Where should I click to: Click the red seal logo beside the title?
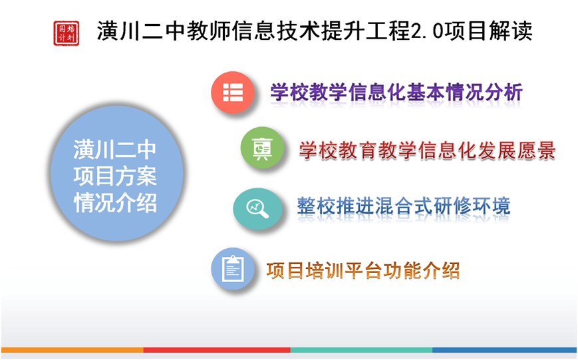tap(67, 33)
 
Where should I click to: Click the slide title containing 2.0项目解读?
tap(315, 31)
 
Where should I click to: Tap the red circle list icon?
tap(233, 92)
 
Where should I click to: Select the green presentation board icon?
tap(262, 148)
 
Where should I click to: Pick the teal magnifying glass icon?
tap(257, 209)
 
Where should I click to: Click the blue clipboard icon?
tap(233, 269)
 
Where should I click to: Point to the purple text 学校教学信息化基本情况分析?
tap(396, 92)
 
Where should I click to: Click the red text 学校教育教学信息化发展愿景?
tap(427, 150)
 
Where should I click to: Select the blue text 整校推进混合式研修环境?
tap(404, 206)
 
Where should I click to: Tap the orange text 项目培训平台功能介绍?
tap(363, 271)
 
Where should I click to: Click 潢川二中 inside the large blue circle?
tap(115, 150)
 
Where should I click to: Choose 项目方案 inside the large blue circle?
tap(115, 176)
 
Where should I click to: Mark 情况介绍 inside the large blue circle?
tap(115, 203)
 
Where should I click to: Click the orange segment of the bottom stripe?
tap(72, 349)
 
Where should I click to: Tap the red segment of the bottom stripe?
tap(217, 349)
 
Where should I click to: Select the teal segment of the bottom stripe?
tap(361, 349)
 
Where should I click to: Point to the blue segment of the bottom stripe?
tap(504, 349)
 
